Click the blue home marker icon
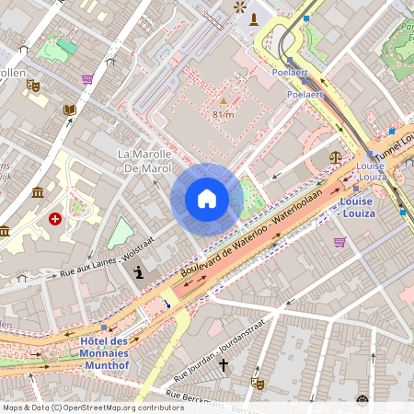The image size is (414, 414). (x=207, y=199)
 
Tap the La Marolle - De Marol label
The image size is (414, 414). (x=144, y=160)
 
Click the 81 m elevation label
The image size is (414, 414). (x=223, y=114)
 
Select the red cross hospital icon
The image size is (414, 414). (x=55, y=219)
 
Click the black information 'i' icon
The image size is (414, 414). (x=138, y=271)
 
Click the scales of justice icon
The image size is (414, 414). (x=335, y=157)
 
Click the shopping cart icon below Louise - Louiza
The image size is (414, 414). (x=339, y=242)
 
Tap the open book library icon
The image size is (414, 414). (x=69, y=110)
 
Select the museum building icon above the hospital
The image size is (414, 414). (x=37, y=192)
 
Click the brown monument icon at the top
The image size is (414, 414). (x=254, y=19)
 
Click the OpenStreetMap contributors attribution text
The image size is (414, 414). (x=92, y=407)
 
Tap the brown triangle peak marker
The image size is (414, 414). (x=223, y=100)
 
